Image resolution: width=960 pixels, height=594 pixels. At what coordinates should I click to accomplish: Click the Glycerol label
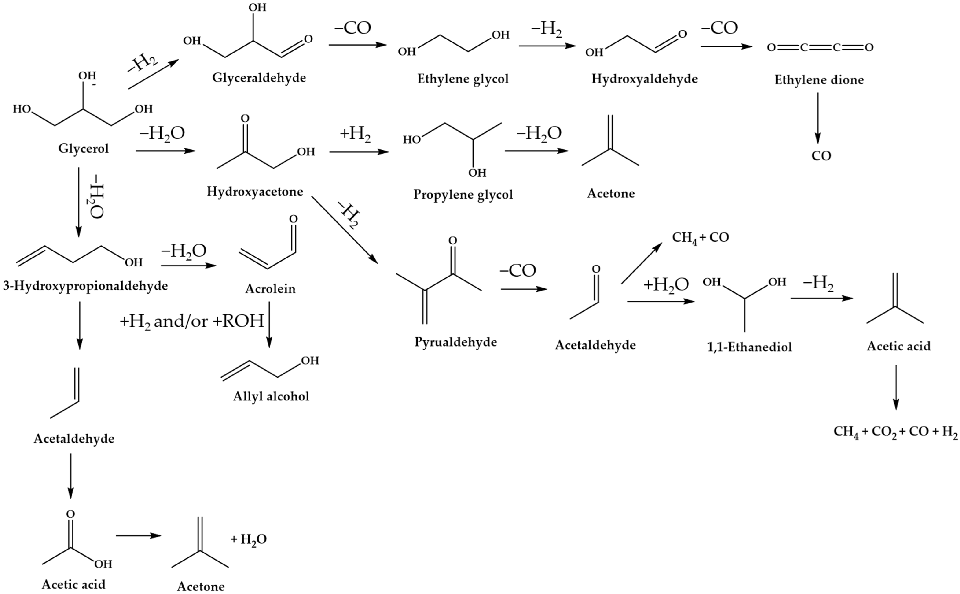(x=83, y=148)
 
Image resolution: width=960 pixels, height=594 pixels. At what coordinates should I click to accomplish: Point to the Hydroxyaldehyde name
(x=644, y=79)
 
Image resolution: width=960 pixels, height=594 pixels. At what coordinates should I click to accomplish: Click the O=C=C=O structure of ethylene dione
(x=820, y=48)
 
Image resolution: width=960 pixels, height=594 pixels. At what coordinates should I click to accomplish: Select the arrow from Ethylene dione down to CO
(x=818, y=118)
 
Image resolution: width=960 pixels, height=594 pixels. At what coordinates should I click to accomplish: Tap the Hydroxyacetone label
(x=255, y=192)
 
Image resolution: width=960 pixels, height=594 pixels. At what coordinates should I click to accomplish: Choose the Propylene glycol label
(x=463, y=194)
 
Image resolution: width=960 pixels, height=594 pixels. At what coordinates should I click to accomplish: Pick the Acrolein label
(x=270, y=289)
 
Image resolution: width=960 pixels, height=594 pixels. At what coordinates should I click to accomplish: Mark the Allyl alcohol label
(x=271, y=396)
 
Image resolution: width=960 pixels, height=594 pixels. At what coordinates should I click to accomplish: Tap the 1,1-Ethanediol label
(x=749, y=347)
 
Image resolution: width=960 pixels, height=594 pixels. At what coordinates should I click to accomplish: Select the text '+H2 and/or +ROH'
(x=192, y=321)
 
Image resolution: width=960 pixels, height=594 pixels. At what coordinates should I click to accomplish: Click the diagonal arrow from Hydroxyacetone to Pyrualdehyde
(x=344, y=229)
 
